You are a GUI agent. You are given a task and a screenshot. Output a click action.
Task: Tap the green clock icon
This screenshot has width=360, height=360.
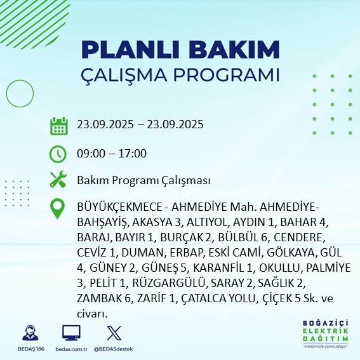tap(58, 154)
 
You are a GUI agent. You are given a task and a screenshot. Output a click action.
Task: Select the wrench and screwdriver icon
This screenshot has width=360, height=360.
tap(58, 180)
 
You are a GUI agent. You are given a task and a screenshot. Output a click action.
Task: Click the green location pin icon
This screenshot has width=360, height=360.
tap(58, 209)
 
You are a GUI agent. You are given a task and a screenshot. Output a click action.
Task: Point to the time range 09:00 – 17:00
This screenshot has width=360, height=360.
tap(112, 154)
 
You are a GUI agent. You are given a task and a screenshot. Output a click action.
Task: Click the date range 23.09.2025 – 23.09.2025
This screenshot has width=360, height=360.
tap(140, 124)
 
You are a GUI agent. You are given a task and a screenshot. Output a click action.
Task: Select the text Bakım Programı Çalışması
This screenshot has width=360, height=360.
tap(143, 181)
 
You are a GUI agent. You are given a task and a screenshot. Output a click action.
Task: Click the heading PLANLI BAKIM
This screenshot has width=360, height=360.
tap(180, 50)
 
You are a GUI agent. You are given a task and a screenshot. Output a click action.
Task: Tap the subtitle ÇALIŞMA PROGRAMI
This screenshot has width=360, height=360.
tap(180, 75)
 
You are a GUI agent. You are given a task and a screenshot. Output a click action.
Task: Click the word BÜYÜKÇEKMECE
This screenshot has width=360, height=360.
tap(116, 209)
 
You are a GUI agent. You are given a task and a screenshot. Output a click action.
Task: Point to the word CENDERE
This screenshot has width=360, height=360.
tap(299, 238)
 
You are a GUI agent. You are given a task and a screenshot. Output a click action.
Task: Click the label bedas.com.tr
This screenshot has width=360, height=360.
tap(71, 350)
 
